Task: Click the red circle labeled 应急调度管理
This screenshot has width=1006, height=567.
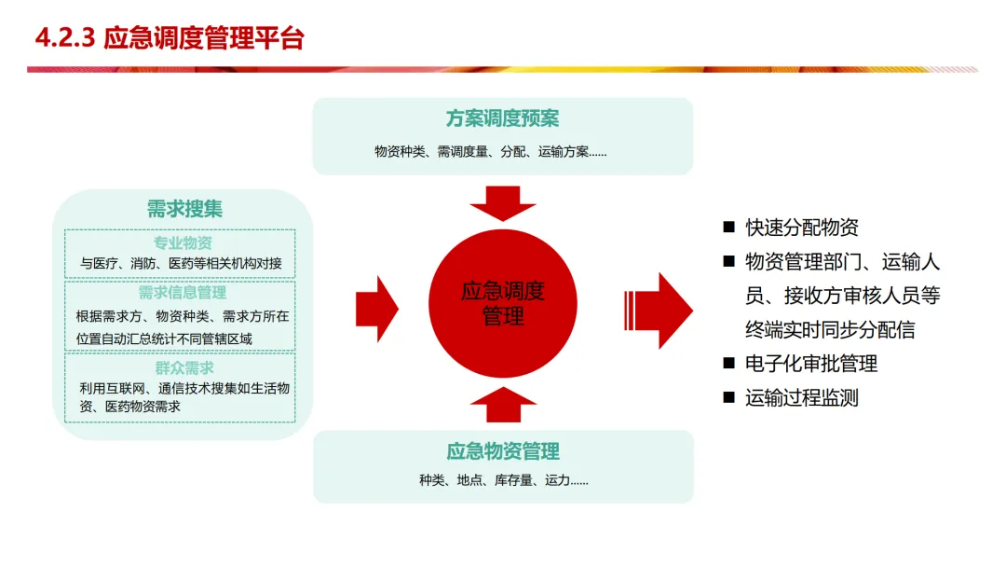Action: click(503, 302)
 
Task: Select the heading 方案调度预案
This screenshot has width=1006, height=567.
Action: click(502, 119)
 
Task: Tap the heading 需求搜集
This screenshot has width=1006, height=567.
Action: click(184, 208)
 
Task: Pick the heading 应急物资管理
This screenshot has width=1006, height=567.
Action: click(503, 452)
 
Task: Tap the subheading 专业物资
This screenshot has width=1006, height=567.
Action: click(183, 243)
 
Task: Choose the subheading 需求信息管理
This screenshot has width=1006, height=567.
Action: click(183, 293)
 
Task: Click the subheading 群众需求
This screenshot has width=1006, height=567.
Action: click(184, 367)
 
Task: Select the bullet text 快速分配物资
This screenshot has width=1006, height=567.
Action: click(802, 228)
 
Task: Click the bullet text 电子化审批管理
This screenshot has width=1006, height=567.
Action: click(811, 364)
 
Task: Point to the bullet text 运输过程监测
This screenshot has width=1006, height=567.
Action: click(802, 398)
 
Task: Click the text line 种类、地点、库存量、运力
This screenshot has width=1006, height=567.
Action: click(503, 481)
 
